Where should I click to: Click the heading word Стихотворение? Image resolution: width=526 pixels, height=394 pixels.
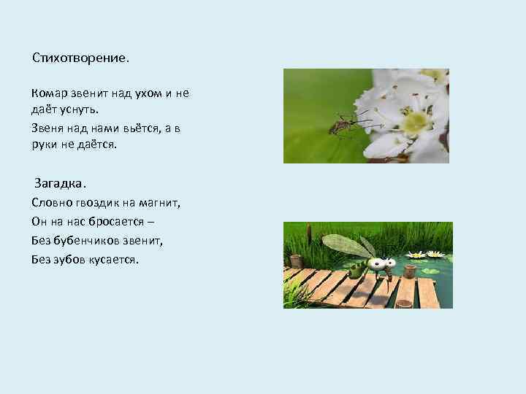(80, 57)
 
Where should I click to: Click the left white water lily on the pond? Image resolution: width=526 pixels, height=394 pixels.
(415, 255)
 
